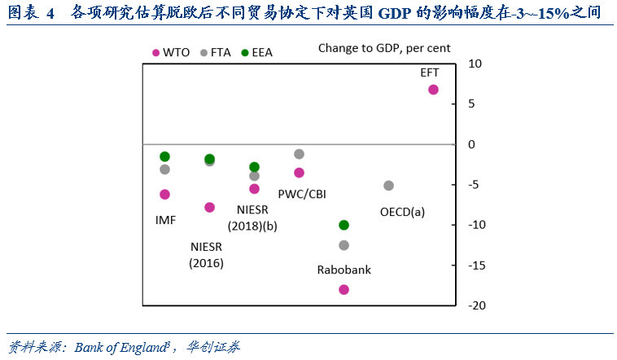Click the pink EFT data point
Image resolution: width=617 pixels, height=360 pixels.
click(433, 90)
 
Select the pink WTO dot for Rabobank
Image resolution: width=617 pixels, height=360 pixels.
click(344, 289)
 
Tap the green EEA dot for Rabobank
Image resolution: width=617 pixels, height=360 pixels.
click(344, 225)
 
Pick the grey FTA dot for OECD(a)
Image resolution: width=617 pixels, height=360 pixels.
click(388, 186)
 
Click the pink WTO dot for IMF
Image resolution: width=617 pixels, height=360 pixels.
click(164, 194)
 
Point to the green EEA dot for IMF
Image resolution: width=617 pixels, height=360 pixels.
click(164, 156)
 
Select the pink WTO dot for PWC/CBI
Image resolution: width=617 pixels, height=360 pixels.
click(299, 173)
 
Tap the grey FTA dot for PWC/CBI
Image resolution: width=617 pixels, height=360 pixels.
click(299, 154)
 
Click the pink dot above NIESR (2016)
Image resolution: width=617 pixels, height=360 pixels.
click(209, 207)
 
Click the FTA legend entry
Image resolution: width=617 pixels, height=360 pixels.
click(215, 52)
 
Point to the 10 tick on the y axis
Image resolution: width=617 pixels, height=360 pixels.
click(476, 64)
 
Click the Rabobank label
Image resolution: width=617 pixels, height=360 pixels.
click(344, 270)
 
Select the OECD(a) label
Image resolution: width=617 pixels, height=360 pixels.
click(402, 212)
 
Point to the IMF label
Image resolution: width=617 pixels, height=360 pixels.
click(166, 220)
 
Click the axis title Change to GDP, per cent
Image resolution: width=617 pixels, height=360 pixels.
click(384, 49)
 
